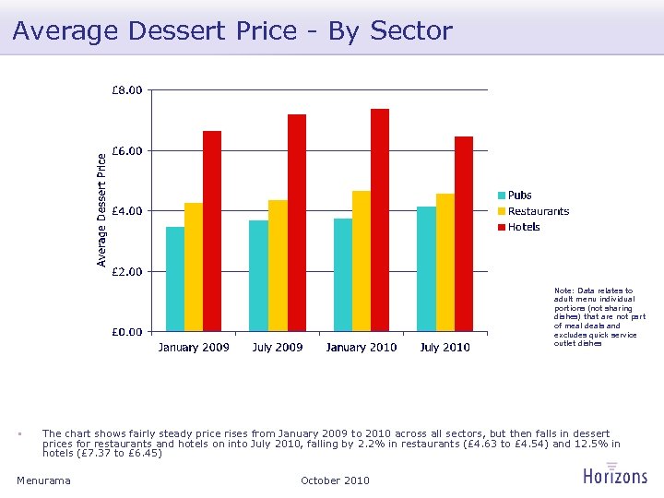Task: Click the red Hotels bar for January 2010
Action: pos(380,220)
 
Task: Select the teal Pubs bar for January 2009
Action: pos(175,279)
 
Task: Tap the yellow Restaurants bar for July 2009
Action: pos(278,266)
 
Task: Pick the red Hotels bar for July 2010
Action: pos(464,234)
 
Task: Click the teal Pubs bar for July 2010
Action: pos(426,268)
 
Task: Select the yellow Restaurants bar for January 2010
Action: pos(362,261)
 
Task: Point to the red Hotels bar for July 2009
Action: pos(296,223)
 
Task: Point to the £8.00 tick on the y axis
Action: pos(127,90)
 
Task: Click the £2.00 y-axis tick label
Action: pos(127,271)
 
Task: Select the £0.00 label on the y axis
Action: pos(127,331)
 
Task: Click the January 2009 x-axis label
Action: pos(194,348)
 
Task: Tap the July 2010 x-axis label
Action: pos(445,348)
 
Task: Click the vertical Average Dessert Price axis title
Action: pos(102,210)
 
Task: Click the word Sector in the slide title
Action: pos(410,30)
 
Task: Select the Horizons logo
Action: pos(615,474)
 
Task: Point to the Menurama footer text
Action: pos(43,480)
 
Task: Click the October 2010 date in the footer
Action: pos(335,480)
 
